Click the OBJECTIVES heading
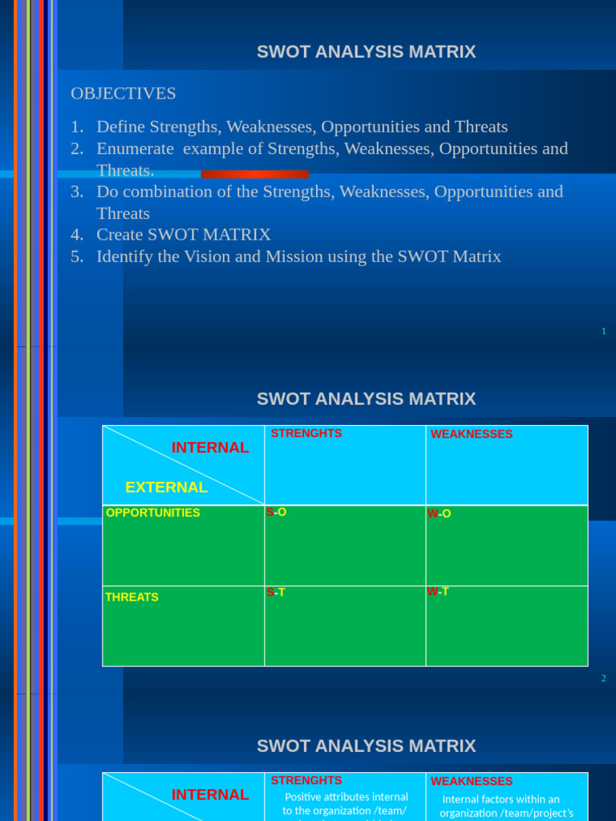124,94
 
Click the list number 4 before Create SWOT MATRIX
77,235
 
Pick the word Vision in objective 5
221,257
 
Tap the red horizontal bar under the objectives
255,174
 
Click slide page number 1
603,331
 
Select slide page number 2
603,678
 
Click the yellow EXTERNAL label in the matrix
166,487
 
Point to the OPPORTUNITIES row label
153,513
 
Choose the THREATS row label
132,597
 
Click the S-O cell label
277,512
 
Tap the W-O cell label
439,514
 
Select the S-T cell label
276,592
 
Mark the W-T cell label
438,592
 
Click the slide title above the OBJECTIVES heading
366,52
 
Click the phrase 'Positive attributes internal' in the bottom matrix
346,797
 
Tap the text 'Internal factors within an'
501,799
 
